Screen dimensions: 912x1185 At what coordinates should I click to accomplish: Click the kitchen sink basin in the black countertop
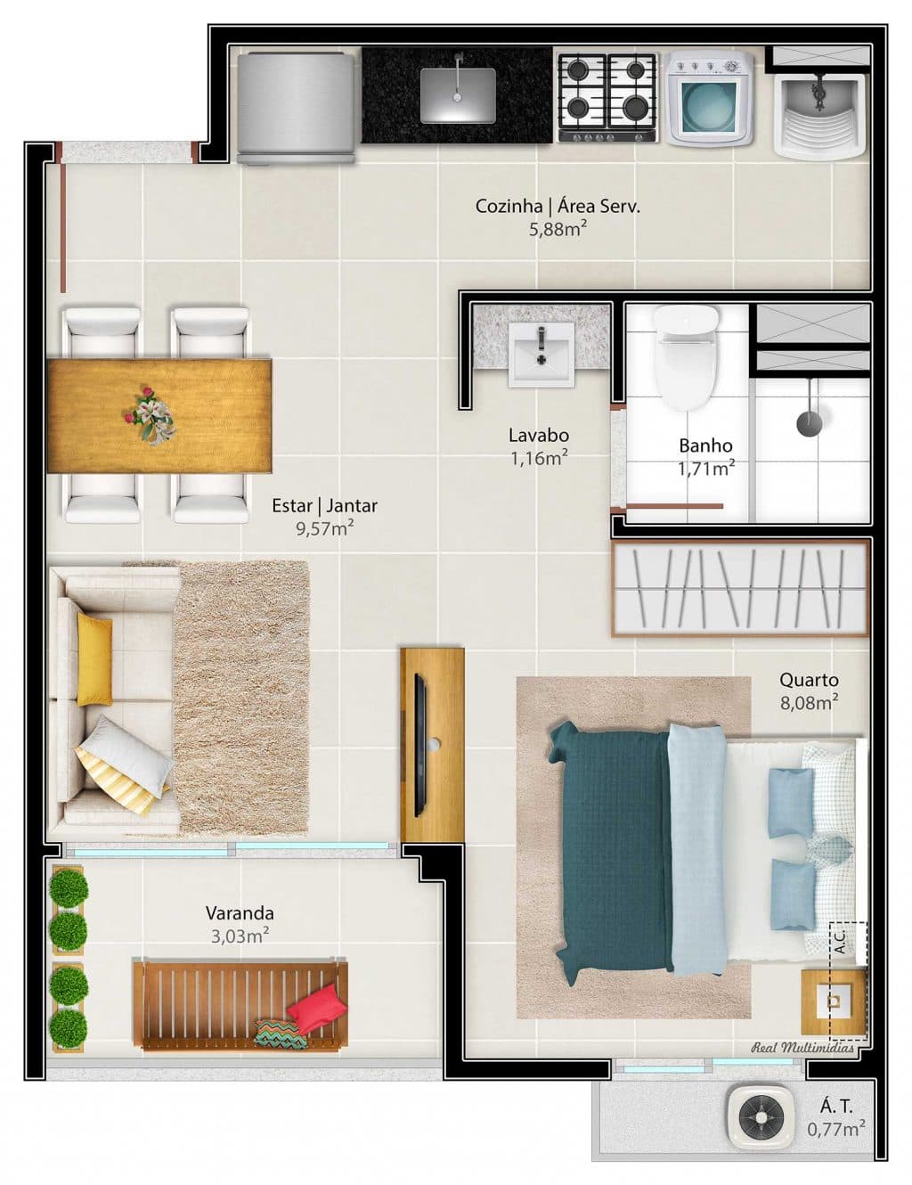(457, 95)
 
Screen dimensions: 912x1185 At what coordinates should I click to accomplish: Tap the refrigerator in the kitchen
(296, 108)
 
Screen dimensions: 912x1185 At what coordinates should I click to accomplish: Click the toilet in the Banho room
(686, 357)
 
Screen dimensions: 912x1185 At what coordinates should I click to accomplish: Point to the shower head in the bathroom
(810, 422)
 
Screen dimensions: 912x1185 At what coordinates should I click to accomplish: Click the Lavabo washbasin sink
(541, 354)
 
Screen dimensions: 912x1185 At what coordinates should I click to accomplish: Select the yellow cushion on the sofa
(94, 659)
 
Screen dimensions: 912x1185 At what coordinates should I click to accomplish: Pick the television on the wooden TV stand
(419, 746)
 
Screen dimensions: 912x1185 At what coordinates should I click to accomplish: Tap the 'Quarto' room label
(809, 680)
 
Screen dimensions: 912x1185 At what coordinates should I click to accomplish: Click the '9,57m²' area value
(325, 527)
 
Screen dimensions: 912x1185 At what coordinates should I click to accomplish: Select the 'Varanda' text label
(240, 912)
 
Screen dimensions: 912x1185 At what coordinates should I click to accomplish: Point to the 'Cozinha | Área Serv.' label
(558, 206)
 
